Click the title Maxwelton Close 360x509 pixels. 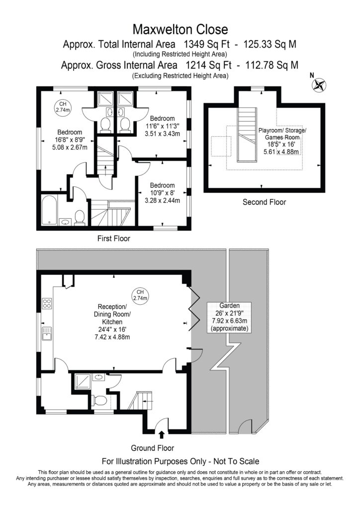[x=180, y=29]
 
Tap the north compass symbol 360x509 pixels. [x=319, y=85]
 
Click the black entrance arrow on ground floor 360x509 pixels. [x=162, y=434]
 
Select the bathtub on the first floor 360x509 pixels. [x=50, y=210]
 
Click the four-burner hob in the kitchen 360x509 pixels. [x=47, y=304]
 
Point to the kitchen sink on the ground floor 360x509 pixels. [x=47, y=334]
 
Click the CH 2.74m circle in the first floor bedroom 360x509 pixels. [x=63, y=107]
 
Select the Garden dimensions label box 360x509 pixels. [x=230, y=317]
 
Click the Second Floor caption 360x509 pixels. [x=264, y=202]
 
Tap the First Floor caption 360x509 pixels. [x=113, y=239]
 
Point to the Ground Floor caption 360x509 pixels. [x=152, y=448]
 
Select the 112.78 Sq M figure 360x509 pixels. [x=271, y=65]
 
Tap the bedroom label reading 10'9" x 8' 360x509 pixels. [x=162, y=193]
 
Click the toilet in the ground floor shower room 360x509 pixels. [x=99, y=400]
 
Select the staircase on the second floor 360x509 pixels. [x=247, y=134]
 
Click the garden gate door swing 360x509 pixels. [x=246, y=426]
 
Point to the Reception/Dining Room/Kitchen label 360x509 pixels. [x=112, y=322]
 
